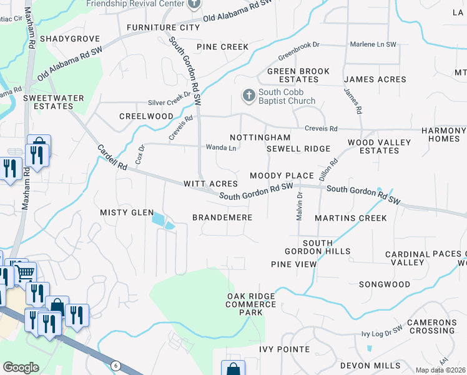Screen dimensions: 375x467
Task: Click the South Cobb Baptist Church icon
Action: (x=248, y=96)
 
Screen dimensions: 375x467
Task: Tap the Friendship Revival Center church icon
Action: (x=194, y=4)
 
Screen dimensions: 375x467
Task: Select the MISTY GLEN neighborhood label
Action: (x=127, y=212)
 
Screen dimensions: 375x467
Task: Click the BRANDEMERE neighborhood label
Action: (x=222, y=217)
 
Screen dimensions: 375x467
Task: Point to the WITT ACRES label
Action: (x=210, y=184)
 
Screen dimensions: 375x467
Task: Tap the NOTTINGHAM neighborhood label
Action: (x=260, y=137)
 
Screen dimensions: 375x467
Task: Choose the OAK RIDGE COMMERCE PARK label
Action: (x=251, y=299)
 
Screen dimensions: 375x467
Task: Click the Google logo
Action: (x=21, y=367)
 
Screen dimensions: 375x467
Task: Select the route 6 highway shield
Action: (x=116, y=365)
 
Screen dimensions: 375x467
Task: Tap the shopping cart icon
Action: (x=24, y=272)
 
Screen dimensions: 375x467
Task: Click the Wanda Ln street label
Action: (x=221, y=148)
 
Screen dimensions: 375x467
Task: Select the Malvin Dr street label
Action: (x=299, y=206)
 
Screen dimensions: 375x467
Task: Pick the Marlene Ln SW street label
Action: (x=373, y=44)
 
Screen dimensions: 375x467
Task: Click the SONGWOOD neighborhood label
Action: (x=384, y=284)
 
